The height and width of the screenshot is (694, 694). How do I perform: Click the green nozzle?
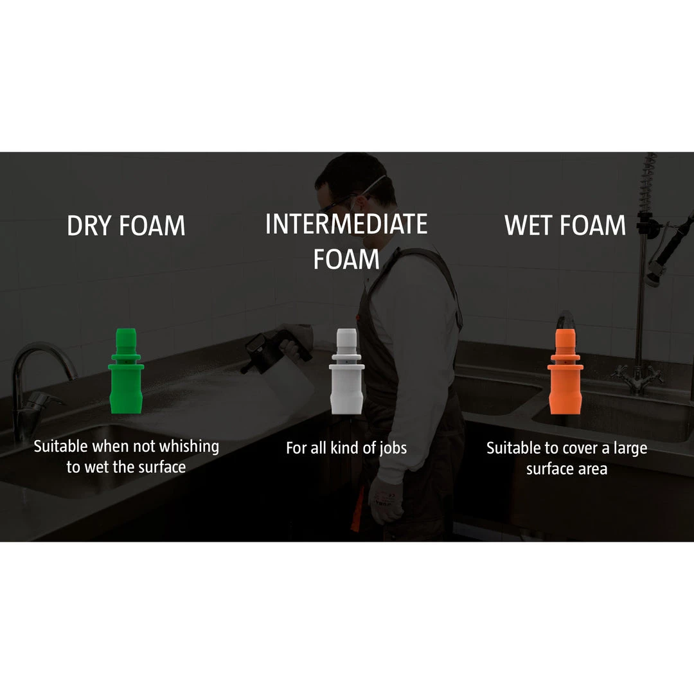[x=126, y=371]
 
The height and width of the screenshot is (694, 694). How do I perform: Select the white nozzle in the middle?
[x=346, y=371]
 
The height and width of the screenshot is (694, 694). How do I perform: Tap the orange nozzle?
[x=565, y=371]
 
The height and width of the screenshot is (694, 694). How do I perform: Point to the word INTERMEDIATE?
[x=346, y=224]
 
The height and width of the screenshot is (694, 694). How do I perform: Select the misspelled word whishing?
[x=189, y=447]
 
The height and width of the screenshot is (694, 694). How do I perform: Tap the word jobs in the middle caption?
[x=393, y=449]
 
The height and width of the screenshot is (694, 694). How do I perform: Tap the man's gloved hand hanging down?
[x=385, y=500]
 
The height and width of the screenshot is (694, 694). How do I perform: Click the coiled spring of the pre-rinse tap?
[x=646, y=186]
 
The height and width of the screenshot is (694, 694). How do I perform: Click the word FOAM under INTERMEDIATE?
[x=346, y=260]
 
